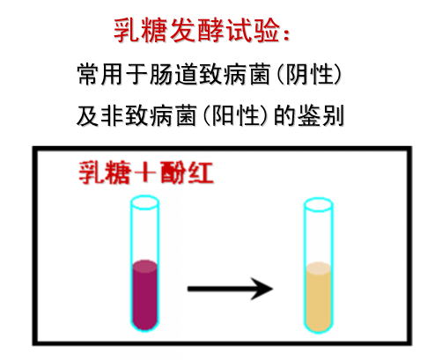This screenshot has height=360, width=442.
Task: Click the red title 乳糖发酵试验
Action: pyautogui.click(x=196, y=31)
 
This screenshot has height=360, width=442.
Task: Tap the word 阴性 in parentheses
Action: pyautogui.click(x=309, y=74)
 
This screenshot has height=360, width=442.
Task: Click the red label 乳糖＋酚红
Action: pyautogui.click(x=146, y=173)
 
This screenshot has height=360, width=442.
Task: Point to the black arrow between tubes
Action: pyautogui.click(x=230, y=289)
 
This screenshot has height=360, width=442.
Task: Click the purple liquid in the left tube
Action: pyautogui.click(x=145, y=294)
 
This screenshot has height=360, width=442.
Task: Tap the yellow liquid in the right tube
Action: pyautogui.click(x=319, y=297)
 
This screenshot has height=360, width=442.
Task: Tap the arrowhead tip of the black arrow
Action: pyautogui.click(x=273, y=289)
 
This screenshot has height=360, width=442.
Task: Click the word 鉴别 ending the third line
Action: pyautogui.click(x=320, y=115)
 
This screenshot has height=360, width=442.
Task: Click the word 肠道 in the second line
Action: pyautogui.click(x=174, y=74)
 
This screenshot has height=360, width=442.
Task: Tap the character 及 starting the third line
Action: pyautogui.click(x=87, y=115)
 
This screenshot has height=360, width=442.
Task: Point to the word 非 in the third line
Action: pyautogui.click(x=112, y=115)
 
